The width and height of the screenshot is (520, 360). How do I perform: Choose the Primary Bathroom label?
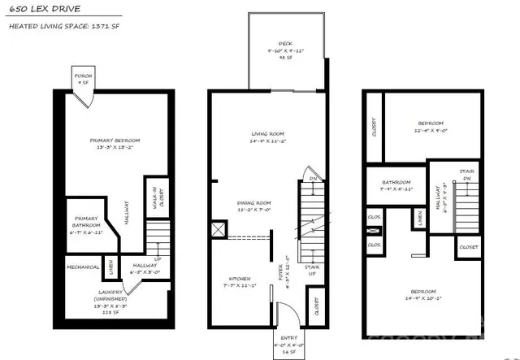pos(86,223)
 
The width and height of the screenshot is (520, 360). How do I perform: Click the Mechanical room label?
pos(82,266)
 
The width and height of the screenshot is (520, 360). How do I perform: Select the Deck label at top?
pos(285,45)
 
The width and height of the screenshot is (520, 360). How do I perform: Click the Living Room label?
pos(268,137)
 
